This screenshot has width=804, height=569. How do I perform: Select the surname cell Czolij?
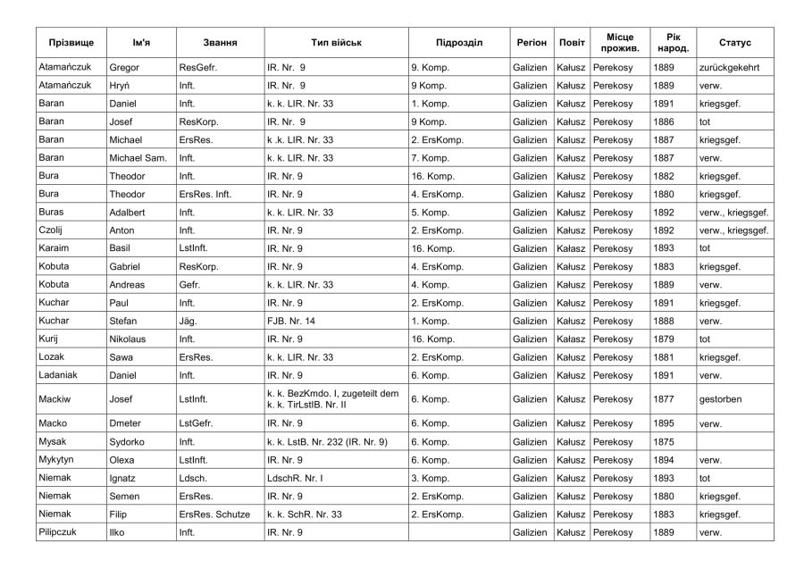tap(53, 230)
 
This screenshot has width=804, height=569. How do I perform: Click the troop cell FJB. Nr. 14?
tap(292, 321)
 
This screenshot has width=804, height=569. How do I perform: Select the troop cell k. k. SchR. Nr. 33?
tap(304, 515)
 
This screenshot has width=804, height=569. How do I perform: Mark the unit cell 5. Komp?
tap(432, 212)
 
